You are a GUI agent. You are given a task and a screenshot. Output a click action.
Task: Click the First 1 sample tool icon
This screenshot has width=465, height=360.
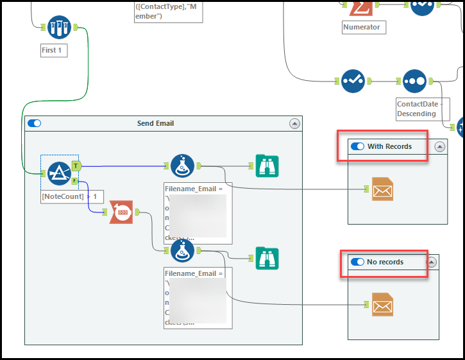(x=59, y=27)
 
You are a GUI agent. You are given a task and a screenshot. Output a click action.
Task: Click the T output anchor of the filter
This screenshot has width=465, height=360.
(x=76, y=166)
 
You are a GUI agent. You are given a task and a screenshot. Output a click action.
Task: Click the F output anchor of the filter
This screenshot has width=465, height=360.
(x=75, y=181)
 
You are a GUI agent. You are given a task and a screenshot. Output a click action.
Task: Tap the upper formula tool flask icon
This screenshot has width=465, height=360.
(x=182, y=166)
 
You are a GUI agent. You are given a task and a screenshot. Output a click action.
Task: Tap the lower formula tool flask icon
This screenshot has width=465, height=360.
(x=182, y=250)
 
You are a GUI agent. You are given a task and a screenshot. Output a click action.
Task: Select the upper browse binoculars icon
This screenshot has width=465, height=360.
(x=267, y=166)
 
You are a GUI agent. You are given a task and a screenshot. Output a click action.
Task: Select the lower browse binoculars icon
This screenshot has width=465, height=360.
(x=267, y=257)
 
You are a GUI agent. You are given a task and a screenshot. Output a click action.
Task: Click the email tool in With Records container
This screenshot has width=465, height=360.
(x=382, y=189)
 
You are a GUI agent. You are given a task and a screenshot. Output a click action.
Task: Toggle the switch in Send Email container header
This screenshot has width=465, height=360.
(x=34, y=123)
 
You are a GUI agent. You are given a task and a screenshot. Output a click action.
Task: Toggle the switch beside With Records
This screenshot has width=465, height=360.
(x=357, y=146)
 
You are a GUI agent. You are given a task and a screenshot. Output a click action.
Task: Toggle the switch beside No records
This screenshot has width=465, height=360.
(x=357, y=262)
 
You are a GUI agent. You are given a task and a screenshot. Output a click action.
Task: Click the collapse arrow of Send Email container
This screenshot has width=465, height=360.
(x=294, y=123)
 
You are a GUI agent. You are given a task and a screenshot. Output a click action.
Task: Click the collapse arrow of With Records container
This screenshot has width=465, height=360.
(x=439, y=146)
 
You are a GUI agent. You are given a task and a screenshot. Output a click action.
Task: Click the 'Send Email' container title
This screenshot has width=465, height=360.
(x=155, y=123)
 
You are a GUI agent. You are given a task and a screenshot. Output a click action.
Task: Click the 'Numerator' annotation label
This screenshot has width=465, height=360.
(x=362, y=27)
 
